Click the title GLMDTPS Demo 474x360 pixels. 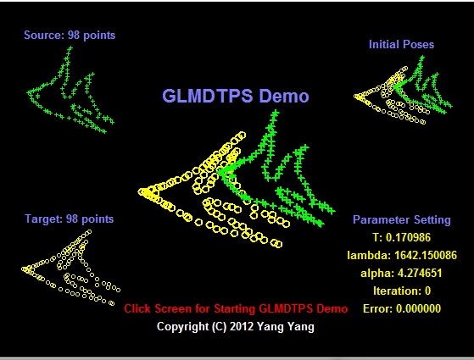[x=236, y=96]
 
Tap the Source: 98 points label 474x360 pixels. [x=70, y=35]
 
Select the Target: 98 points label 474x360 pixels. [x=70, y=219]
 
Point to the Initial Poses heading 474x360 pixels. [x=401, y=44]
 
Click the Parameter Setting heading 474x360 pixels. [x=401, y=219]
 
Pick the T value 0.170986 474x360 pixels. [x=408, y=237]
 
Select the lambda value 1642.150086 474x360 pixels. [x=426, y=255]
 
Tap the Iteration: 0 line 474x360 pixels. [x=402, y=291]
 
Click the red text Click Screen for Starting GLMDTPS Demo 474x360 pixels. [x=236, y=308]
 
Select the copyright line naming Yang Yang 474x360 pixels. [x=236, y=327]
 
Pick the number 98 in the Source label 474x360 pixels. [x=74, y=35]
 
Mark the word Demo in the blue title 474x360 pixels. [x=283, y=96]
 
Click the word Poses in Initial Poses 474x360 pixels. [x=419, y=44]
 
